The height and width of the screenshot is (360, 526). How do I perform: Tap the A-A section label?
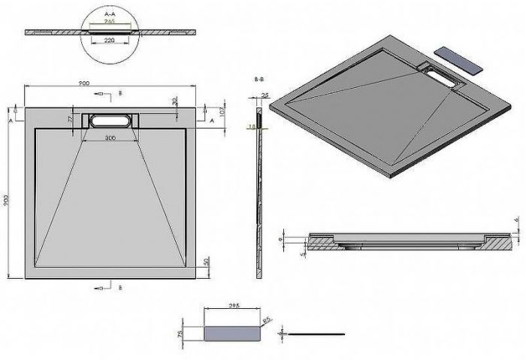[x=110, y=14]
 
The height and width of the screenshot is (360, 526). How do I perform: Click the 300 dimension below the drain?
[x=110, y=138]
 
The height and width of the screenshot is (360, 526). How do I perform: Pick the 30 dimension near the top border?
[x=174, y=101]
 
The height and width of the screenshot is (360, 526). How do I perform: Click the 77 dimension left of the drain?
[x=70, y=119]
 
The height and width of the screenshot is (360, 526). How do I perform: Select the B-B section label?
[x=259, y=78]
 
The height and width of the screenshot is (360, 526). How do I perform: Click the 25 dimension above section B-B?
[x=265, y=95]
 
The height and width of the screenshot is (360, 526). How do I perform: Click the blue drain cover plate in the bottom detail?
[x=231, y=331]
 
